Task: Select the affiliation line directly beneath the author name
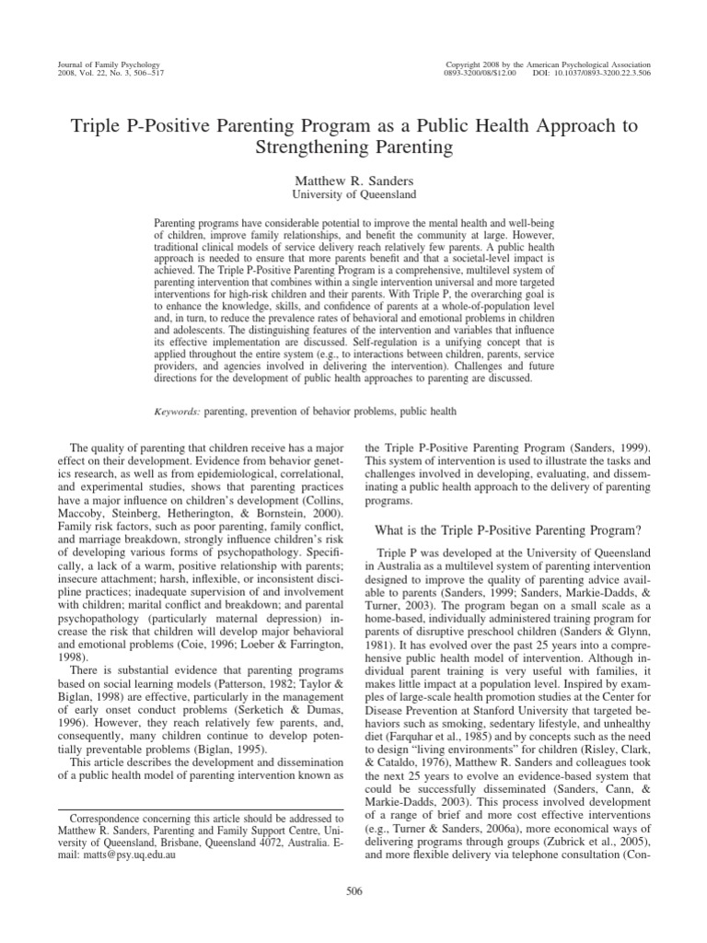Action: point(353,194)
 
